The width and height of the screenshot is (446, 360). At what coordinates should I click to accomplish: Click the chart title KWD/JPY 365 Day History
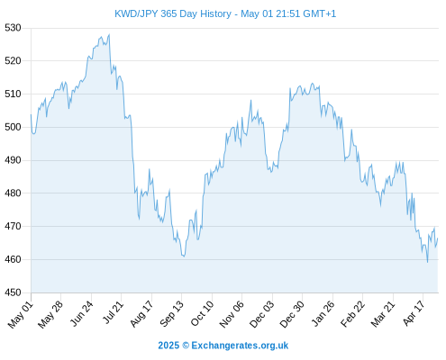click(x=173, y=13)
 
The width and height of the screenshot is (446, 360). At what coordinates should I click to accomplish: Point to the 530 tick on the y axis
click(x=13, y=28)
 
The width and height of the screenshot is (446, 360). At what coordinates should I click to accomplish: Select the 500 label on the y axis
click(x=13, y=127)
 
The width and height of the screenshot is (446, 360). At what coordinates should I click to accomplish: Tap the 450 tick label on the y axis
click(x=13, y=292)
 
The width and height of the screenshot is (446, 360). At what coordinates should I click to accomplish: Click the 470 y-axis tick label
click(x=13, y=226)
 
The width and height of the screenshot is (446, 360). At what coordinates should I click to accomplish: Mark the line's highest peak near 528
click(x=109, y=34)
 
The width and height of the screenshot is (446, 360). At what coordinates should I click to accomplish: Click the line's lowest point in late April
click(x=427, y=262)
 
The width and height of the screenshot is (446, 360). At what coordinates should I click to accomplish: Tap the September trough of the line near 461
click(x=184, y=256)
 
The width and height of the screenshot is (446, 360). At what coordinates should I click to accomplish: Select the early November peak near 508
click(x=250, y=100)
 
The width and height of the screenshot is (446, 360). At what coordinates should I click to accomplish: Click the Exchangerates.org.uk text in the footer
click(x=240, y=346)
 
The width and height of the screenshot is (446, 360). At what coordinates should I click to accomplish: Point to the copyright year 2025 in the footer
click(x=168, y=346)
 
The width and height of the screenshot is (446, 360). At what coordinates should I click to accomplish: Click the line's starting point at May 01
click(x=31, y=114)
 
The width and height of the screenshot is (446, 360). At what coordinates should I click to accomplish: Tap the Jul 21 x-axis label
click(x=113, y=313)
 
